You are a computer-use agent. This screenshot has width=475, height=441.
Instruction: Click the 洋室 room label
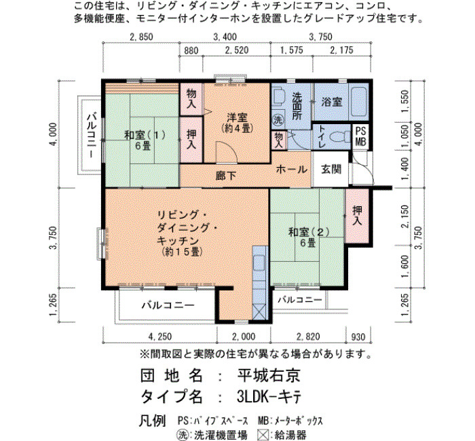pos(237,117)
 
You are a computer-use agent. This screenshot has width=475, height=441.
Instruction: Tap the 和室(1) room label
pos(145,135)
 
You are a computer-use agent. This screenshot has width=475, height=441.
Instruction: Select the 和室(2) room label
pos(309,232)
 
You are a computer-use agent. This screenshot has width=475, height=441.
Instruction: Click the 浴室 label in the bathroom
pos(332,102)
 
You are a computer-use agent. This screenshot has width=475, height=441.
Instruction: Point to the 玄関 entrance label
pos(331,169)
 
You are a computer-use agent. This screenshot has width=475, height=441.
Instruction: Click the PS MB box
pos(360,136)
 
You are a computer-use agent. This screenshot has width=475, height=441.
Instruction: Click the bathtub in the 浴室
pos(359,102)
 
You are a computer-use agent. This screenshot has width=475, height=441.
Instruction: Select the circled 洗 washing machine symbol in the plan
pos(278,119)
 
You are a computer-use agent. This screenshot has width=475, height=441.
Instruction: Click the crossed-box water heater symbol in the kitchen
pos(260,311)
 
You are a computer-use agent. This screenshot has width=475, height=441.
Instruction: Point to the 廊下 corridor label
pos(226,176)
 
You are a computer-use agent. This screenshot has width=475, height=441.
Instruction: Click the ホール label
pos(291,169)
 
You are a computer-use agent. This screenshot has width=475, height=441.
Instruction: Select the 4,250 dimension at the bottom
pos(160,337)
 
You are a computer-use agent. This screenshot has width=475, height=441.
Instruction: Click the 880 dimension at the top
pos(191,50)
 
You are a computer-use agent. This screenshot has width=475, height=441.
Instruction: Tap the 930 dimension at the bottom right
pos(358,337)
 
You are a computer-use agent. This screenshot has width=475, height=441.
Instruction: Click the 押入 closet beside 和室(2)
pos(358,215)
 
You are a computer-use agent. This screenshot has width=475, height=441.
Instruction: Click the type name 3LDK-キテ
pos(269,397)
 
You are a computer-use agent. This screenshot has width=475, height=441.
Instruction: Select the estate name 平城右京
pos(269,376)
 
